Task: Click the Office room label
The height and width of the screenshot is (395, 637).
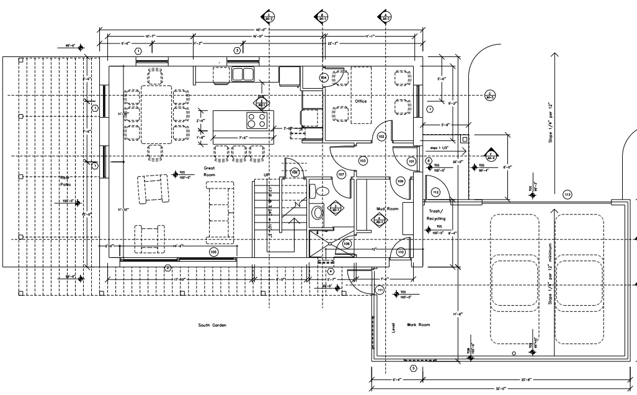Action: [360, 101]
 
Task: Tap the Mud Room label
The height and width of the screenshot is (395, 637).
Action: [386, 209]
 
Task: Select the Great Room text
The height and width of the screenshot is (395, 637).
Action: [208, 171]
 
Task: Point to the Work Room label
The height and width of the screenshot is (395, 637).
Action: [418, 324]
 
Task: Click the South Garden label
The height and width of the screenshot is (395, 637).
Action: [212, 325]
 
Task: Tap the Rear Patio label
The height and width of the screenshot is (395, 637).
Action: [66, 181]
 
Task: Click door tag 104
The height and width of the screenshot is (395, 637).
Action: [323, 78]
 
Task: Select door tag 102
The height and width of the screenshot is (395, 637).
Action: [381, 136]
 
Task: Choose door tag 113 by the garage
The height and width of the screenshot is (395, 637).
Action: [566, 195]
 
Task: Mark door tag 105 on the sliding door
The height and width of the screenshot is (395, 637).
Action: [213, 252]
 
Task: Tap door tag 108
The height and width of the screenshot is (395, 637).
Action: [347, 244]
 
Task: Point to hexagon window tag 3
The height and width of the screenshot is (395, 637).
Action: [236, 50]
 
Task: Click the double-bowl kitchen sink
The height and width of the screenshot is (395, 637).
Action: [243, 74]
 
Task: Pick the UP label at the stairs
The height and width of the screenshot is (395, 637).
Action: [267, 175]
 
